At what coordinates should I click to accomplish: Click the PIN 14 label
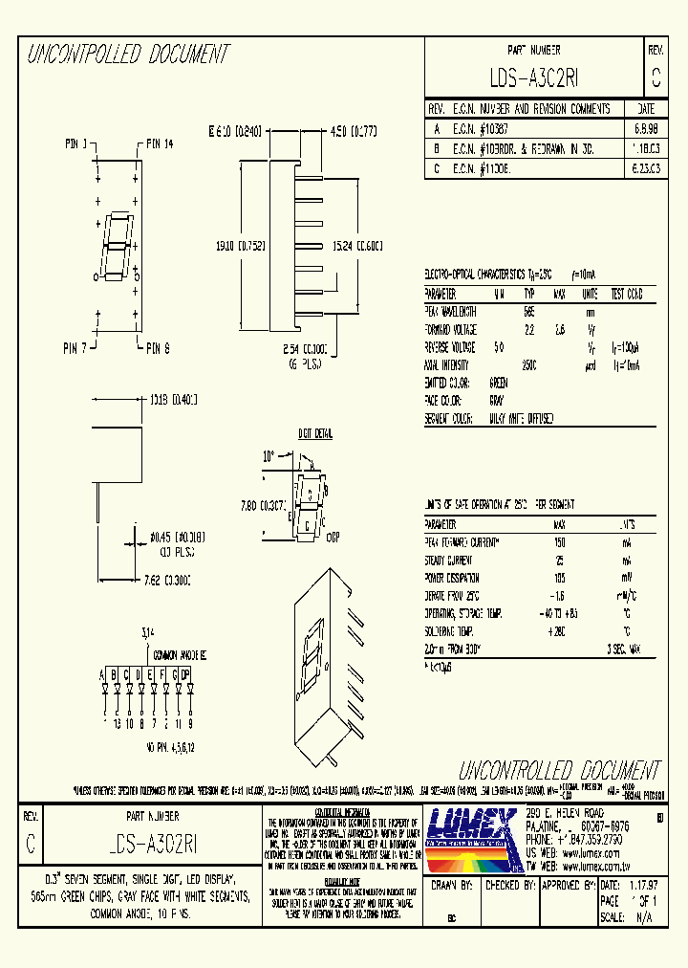161,145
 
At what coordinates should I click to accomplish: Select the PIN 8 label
159,348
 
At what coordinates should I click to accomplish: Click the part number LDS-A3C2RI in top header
533,77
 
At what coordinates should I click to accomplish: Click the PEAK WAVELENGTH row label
451,311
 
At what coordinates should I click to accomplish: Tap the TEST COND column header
627,294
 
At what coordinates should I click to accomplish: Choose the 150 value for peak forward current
559,542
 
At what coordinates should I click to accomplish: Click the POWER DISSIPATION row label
454,578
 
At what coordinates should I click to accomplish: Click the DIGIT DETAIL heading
314,434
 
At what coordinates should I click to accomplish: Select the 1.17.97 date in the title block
641,886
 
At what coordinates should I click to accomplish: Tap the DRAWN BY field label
452,886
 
